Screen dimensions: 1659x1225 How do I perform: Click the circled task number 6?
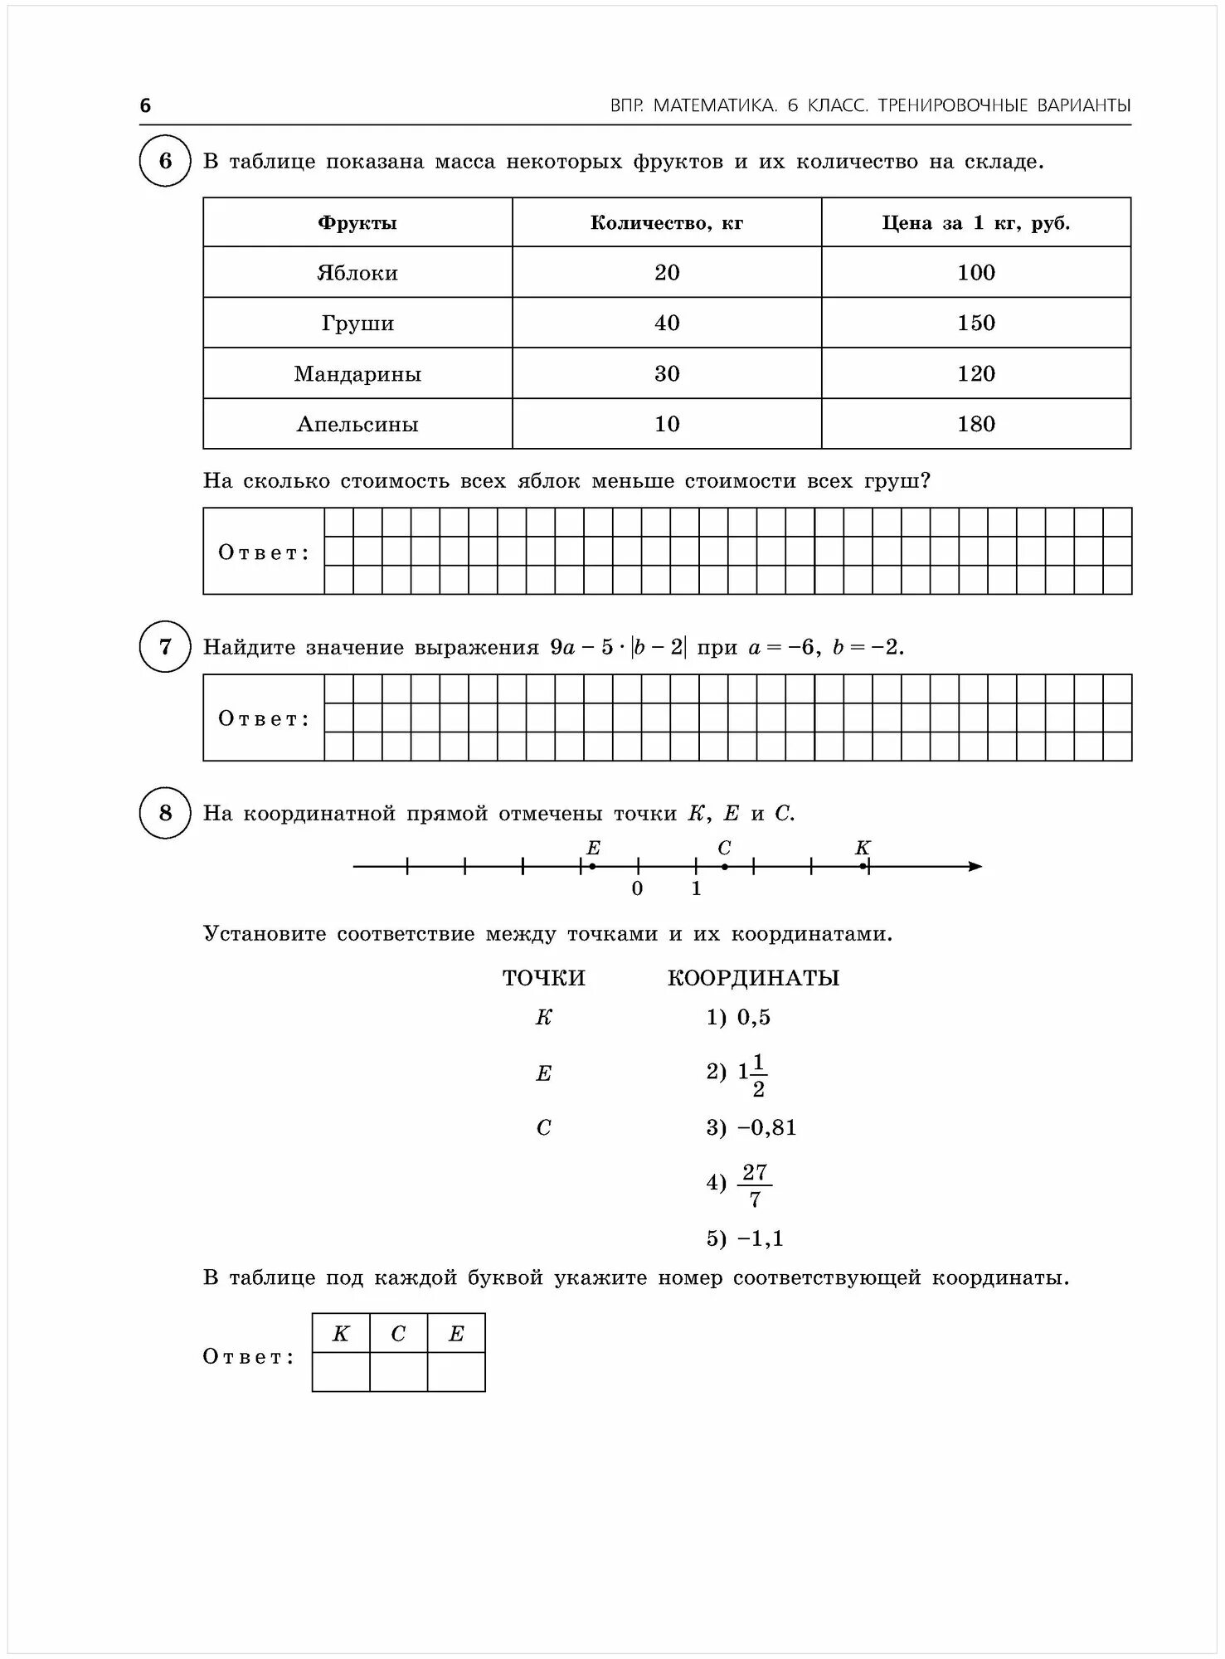[x=165, y=161]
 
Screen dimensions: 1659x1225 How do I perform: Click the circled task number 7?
[x=165, y=646]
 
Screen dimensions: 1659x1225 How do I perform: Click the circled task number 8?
[x=165, y=813]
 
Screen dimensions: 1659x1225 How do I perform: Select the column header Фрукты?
[x=357, y=222]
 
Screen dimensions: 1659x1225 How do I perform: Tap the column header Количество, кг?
[x=667, y=222]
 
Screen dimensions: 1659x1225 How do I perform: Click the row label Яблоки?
[x=357, y=273]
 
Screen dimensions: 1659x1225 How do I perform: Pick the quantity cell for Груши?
[x=667, y=323]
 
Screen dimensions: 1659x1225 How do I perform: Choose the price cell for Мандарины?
[x=976, y=373]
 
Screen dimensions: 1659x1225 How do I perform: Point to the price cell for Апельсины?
[x=976, y=424]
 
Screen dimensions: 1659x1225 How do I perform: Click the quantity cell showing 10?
[x=667, y=424]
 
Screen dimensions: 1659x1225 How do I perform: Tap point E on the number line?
[x=592, y=867]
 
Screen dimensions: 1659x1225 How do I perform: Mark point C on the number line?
[x=725, y=867]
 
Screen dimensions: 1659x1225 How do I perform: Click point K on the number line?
[x=863, y=867]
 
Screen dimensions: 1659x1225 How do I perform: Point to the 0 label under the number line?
[x=637, y=889]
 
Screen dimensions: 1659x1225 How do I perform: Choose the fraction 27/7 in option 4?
[x=755, y=1185]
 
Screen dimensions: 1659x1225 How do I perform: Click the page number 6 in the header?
[x=146, y=105]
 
